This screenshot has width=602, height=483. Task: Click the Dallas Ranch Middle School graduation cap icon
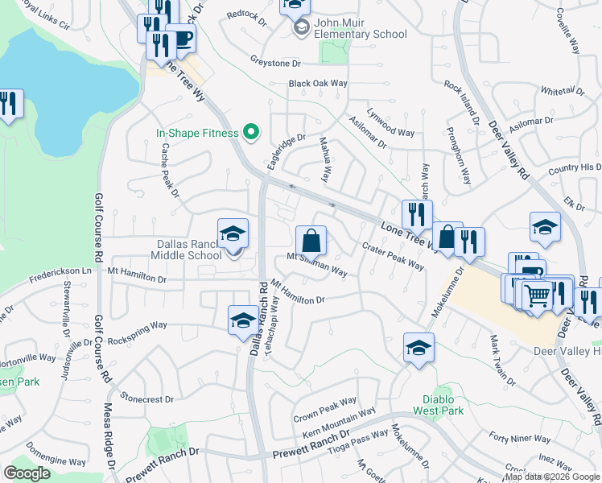(233, 234)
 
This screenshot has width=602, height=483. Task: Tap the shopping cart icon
(537, 294)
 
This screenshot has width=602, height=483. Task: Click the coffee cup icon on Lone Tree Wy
(181, 39)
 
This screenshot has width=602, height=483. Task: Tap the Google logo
(27, 473)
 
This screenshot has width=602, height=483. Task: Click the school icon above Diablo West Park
(418, 349)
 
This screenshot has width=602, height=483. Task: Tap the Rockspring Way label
(138, 332)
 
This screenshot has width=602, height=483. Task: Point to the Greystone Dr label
(274, 62)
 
